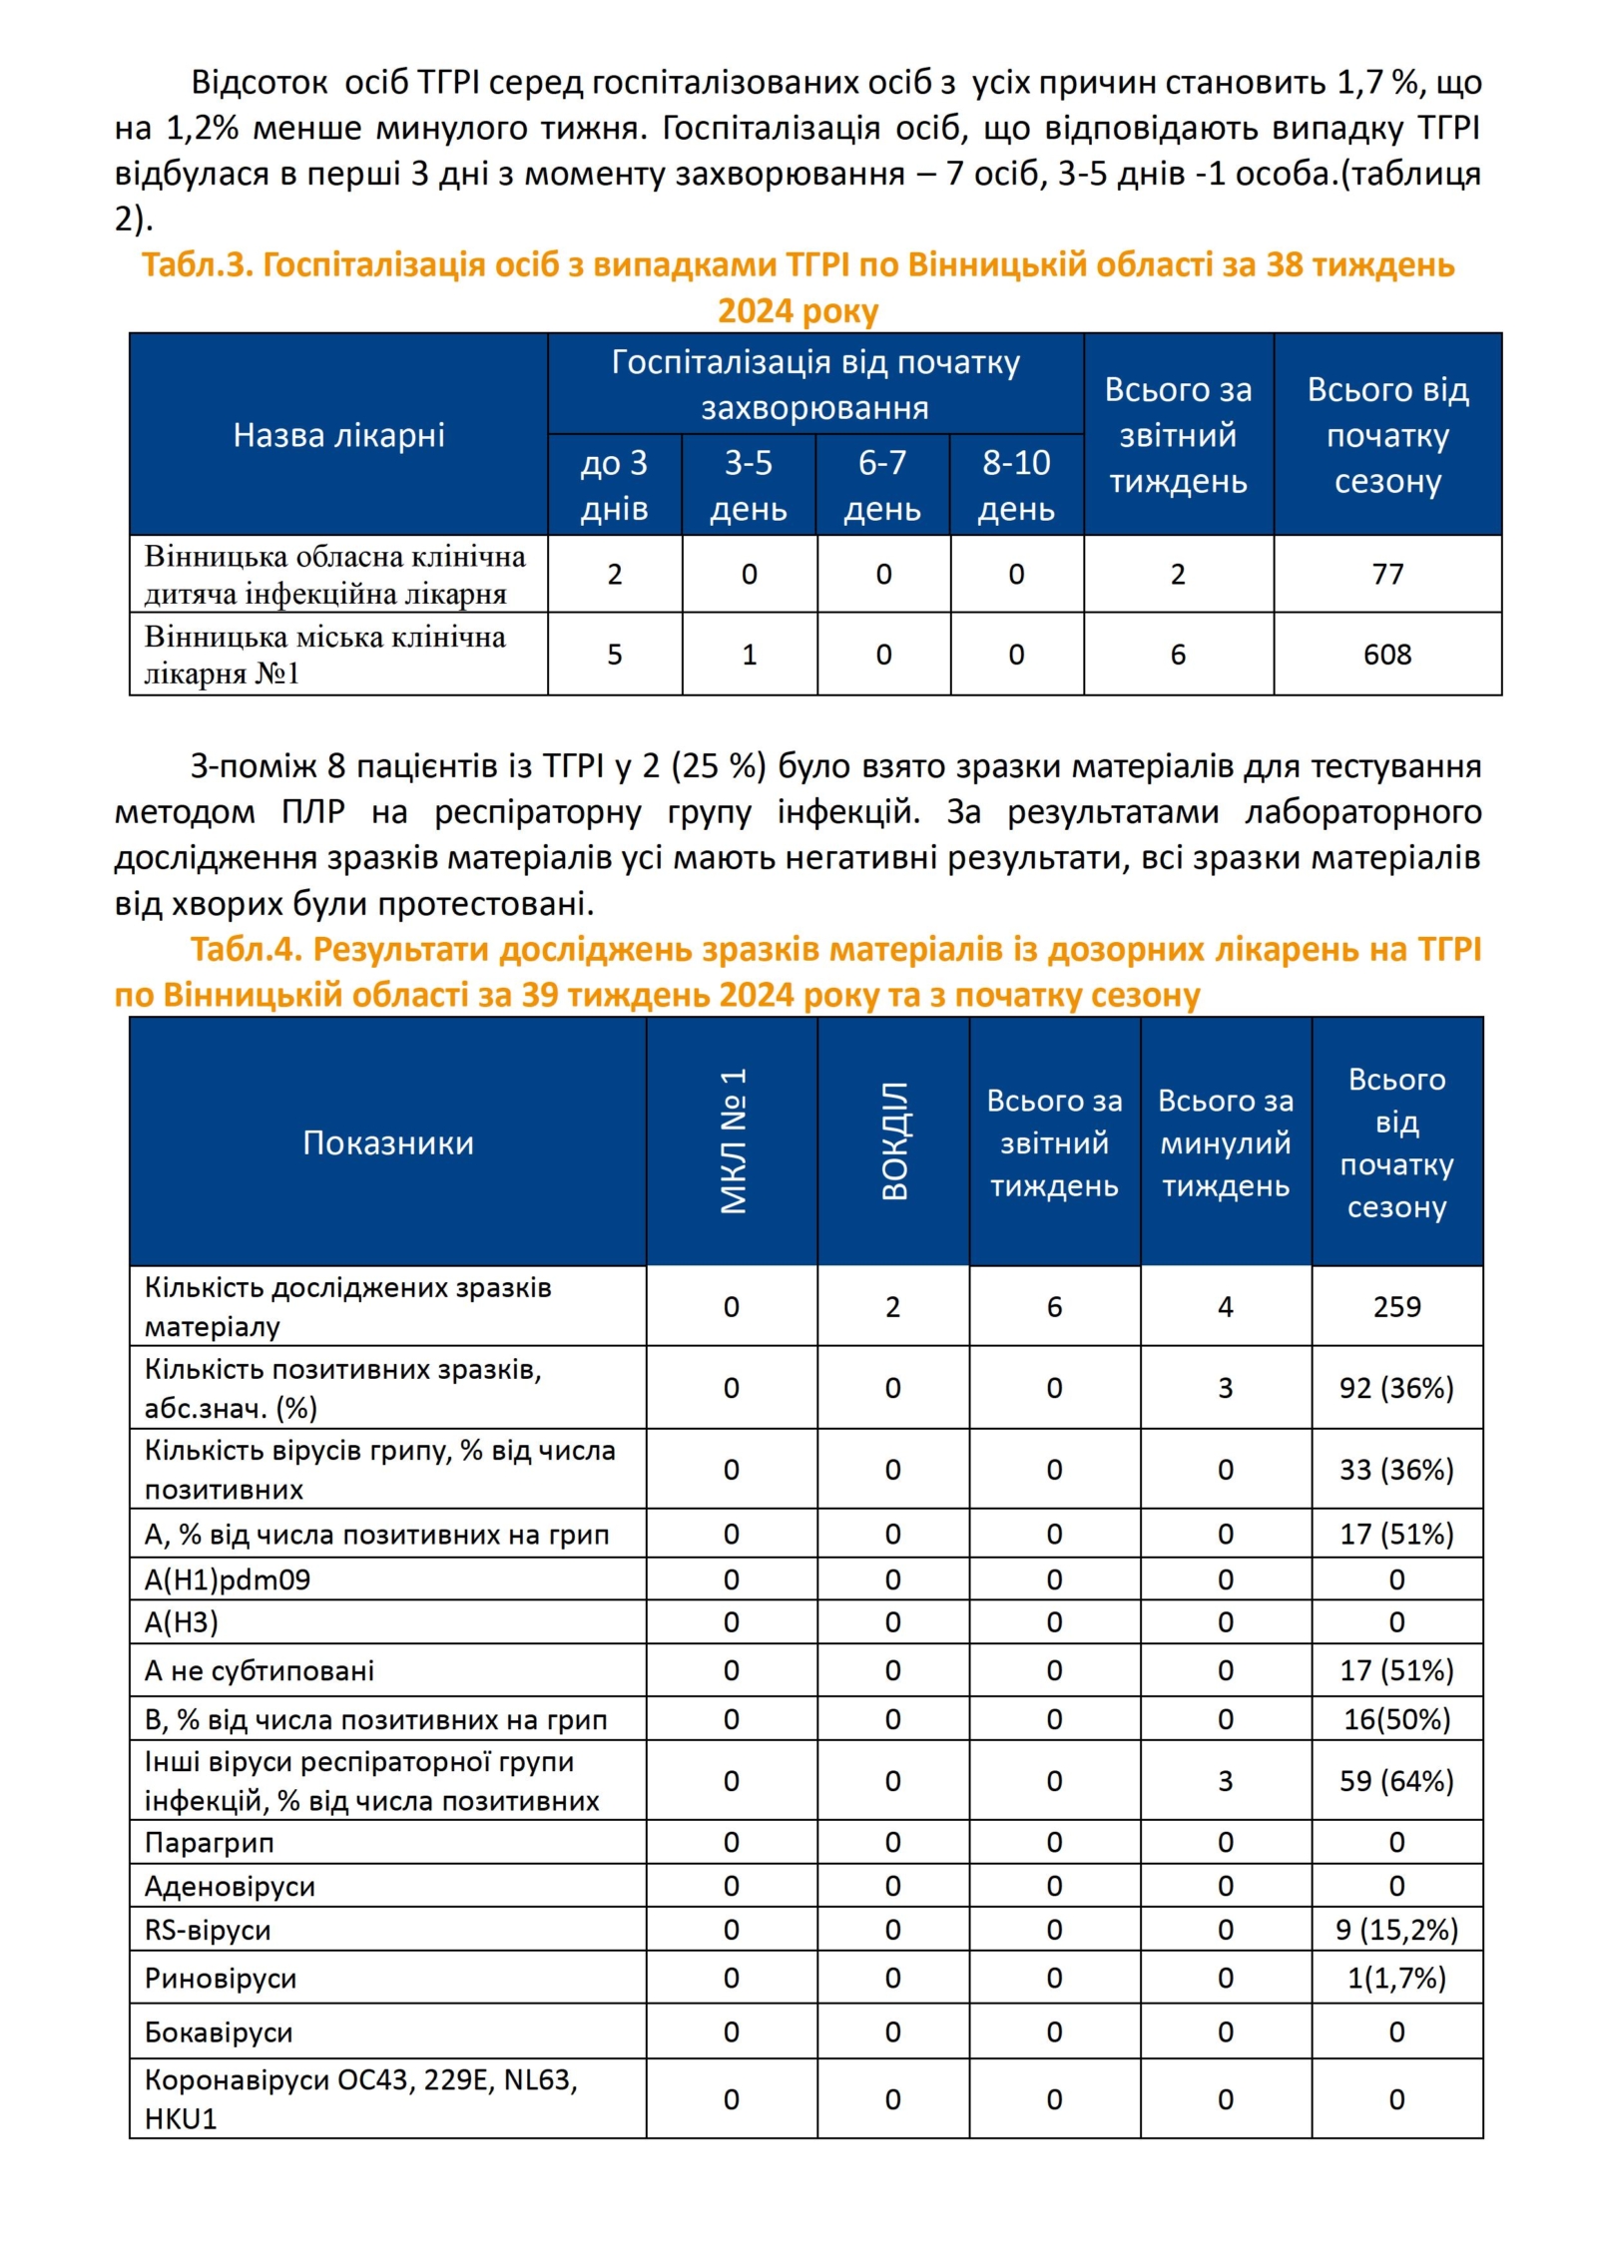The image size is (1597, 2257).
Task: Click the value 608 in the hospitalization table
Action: [1386, 655]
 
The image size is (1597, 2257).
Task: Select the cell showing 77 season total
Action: [1386, 574]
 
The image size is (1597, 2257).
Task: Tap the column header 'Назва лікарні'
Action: [338, 435]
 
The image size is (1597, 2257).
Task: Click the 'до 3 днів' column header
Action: [614, 485]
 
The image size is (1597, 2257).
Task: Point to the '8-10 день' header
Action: [1016, 485]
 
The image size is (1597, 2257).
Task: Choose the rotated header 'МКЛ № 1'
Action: [733, 1140]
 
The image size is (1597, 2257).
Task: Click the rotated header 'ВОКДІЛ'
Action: [894, 1140]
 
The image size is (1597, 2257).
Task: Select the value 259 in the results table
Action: [1395, 1306]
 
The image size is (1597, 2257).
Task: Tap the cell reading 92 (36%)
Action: [1395, 1388]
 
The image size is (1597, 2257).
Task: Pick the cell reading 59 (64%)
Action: [1395, 1781]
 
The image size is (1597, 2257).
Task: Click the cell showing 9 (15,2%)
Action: [1395, 1930]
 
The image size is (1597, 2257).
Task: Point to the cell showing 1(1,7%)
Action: [1395, 1978]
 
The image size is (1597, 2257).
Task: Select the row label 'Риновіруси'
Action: [221, 1979]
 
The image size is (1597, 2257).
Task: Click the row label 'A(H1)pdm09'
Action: [228, 1580]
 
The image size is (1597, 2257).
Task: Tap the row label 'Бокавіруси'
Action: [219, 2032]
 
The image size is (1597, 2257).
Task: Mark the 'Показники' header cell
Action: [387, 1142]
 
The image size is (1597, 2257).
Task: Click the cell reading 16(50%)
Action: [1395, 1719]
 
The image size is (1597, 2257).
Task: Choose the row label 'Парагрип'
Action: [209, 1842]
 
